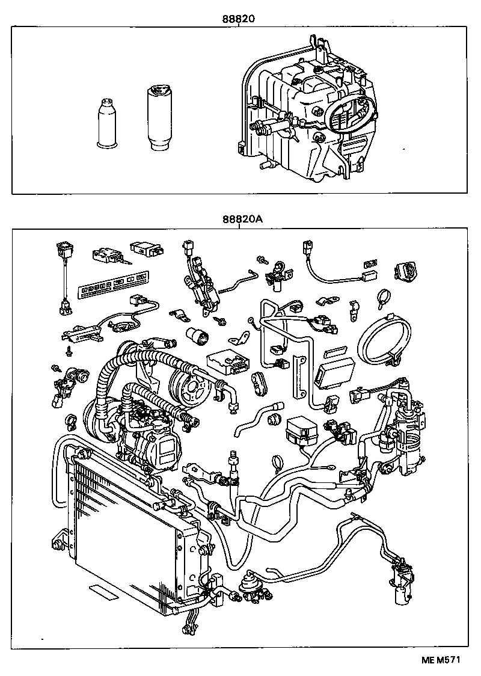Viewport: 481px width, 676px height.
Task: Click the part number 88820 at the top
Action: tap(239, 19)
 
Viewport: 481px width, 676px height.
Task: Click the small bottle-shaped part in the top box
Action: tap(108, 123)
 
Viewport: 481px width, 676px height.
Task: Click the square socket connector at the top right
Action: tap(407, 270)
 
